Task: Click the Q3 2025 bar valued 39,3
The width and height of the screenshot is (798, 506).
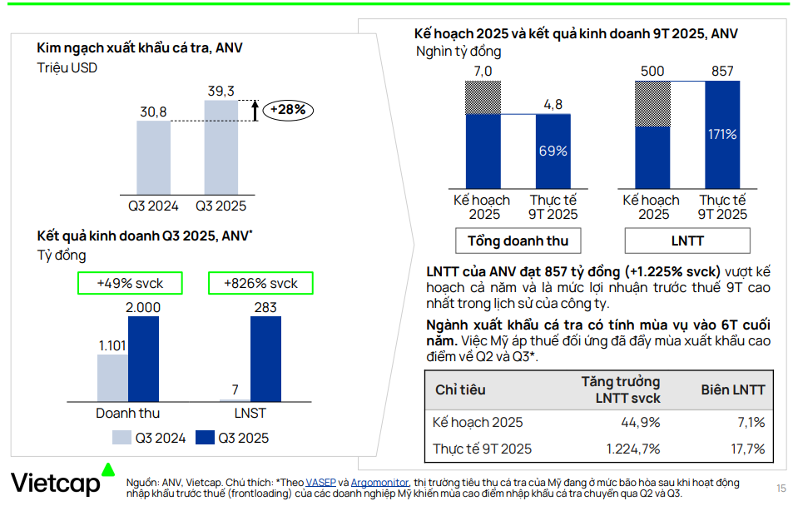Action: (221, 146)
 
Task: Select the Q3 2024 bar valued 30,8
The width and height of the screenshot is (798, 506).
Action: (153, 156)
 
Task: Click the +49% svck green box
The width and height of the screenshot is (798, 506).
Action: (130, 283)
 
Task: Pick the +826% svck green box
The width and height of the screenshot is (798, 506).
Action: (260, 283)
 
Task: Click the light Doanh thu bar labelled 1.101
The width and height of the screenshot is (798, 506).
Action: (112, 378)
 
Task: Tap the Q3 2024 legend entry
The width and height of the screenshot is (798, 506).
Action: (150, 438)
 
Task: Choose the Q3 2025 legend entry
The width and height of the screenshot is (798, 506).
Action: (233, 438)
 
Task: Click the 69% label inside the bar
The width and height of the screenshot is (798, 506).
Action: (553, 151)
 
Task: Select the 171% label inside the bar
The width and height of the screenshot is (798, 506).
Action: (722, 134)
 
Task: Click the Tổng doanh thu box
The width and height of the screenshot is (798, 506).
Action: (518, 241)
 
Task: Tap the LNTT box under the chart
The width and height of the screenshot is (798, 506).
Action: (687, 241)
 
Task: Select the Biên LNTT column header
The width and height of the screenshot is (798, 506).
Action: (732, 389)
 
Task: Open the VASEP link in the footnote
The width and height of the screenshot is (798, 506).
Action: (320, 483)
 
